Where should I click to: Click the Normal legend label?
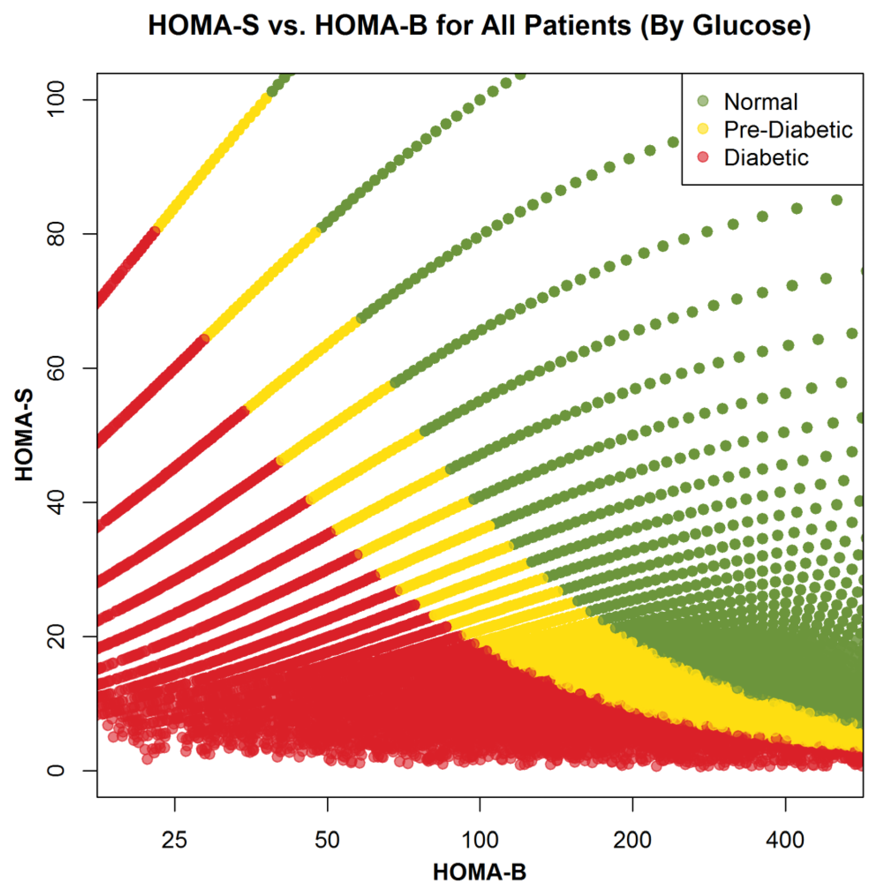tap(761, 102)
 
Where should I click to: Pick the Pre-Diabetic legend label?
tap(788, 130)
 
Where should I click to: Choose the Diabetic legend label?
tap(766, 158)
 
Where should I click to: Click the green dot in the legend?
tap(703, 101)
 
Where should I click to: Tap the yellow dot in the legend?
tap(703, 129)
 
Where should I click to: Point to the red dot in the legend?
tap(703, 158)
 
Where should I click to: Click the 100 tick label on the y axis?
tap(56, 99)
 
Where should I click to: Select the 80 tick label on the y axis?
tap(56, 234)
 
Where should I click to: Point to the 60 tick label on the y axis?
tap(56, 368)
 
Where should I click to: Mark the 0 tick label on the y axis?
tap(56, 770)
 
